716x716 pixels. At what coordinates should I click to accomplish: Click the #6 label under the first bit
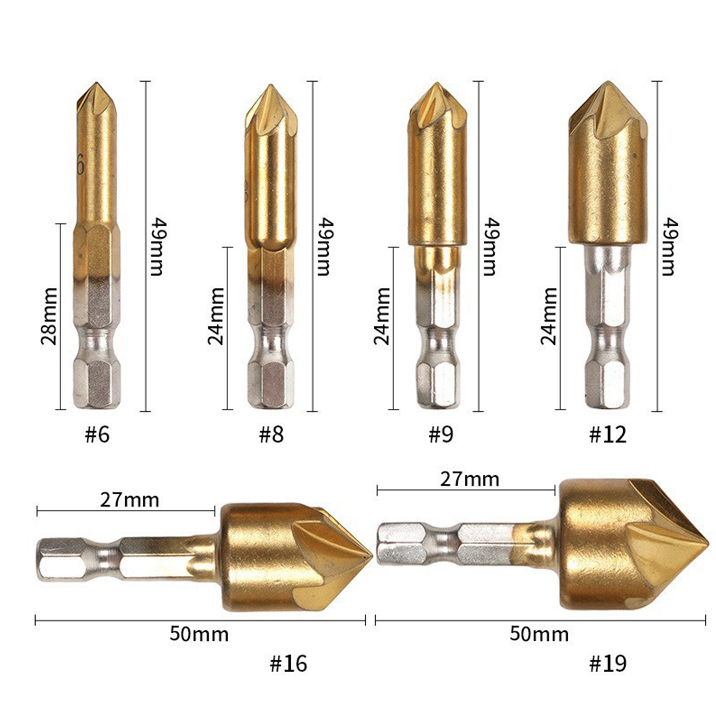point(97,434)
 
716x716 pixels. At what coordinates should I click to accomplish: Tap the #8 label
point(271,434)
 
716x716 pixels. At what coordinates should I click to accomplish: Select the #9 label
point(441,434)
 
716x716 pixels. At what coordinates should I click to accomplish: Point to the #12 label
point(608,434)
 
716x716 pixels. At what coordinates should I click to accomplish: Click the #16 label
point(289,663)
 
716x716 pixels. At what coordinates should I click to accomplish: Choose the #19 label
point(608,663)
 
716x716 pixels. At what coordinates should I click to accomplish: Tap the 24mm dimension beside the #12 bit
point(549,316)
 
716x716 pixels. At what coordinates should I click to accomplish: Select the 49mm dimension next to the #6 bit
point(156,247)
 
